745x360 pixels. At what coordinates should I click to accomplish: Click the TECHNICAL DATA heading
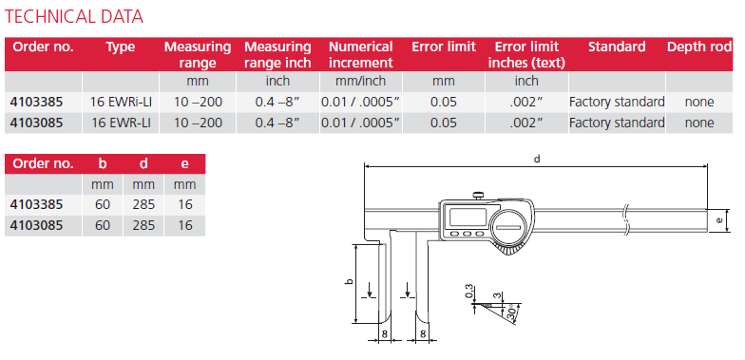pyautogui.click(x=74, y=17)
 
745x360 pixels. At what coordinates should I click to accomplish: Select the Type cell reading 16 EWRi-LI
pyautogui.click(x=122, y=102)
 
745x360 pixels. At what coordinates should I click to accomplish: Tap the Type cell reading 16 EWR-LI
pyautogui.click(x=122, y=123)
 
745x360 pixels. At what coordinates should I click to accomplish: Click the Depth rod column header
pyautogui.click(x=699, y=47)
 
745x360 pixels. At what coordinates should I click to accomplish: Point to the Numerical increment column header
pyautogui.click(x=361, y=55)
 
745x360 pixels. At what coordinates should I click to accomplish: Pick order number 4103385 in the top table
pyautogui.click(x=36, y=102)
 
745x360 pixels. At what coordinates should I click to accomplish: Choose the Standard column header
pyautogui.click(x=617, y=47)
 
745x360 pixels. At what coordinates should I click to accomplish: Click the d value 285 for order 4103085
pyautogui.click(x=143, y=225)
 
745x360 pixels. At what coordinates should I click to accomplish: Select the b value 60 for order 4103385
pyautogui.click(x=103, y=204)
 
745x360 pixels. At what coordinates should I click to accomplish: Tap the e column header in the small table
pyautogui.click(x=184, y=163)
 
